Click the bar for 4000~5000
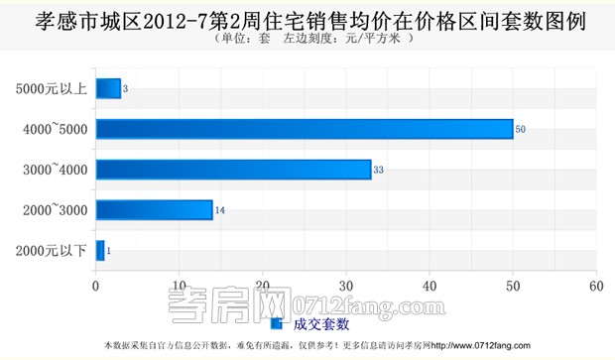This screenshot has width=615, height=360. [305, 129]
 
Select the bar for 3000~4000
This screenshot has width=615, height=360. [233, 170]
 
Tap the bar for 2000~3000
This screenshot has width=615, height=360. [154, 209]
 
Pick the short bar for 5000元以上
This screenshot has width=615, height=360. [108, 89]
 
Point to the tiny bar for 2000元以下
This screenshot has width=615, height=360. [100, 250]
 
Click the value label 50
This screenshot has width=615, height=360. [521, 130]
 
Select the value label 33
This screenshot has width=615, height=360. [378, 171]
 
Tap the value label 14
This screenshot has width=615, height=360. [219, 210]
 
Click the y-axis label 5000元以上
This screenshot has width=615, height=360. [52, 89]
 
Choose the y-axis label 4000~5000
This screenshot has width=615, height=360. [56, 130]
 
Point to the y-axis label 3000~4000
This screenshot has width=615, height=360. [56, 170]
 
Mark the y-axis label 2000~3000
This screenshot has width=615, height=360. [56, 210]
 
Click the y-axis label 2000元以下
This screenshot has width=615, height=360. [52, 250]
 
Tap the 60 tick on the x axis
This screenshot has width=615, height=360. [595, 286]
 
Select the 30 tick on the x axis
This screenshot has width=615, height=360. [346, 286]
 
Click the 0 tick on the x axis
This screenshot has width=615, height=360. [96, 286]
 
